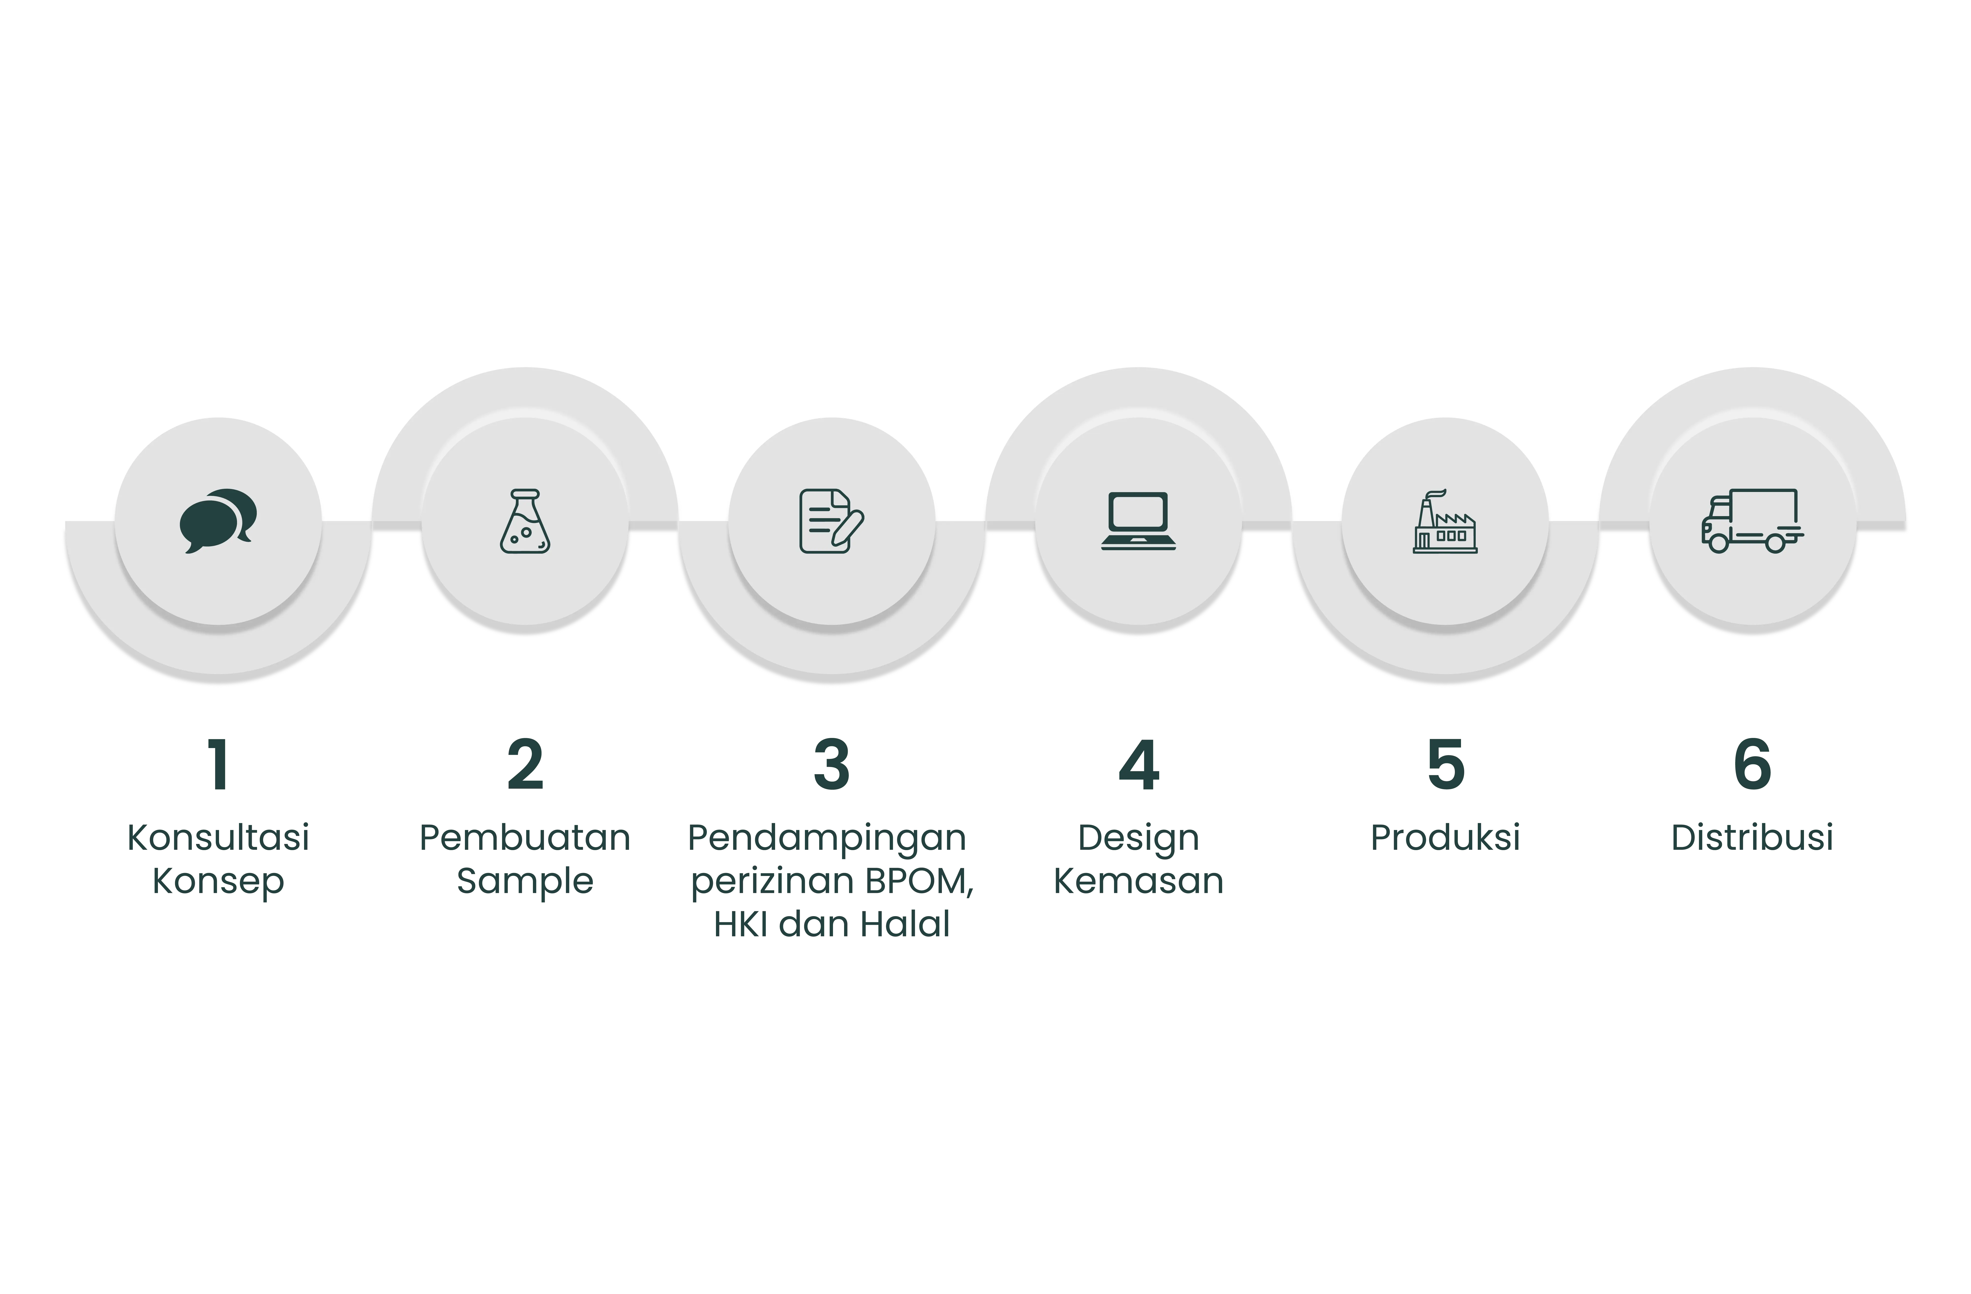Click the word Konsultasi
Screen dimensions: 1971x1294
coord(219,838)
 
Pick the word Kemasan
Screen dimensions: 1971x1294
coord(1139,881)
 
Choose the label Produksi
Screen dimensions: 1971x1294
coord(1445,838)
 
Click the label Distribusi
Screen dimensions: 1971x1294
coord(1752,838)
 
